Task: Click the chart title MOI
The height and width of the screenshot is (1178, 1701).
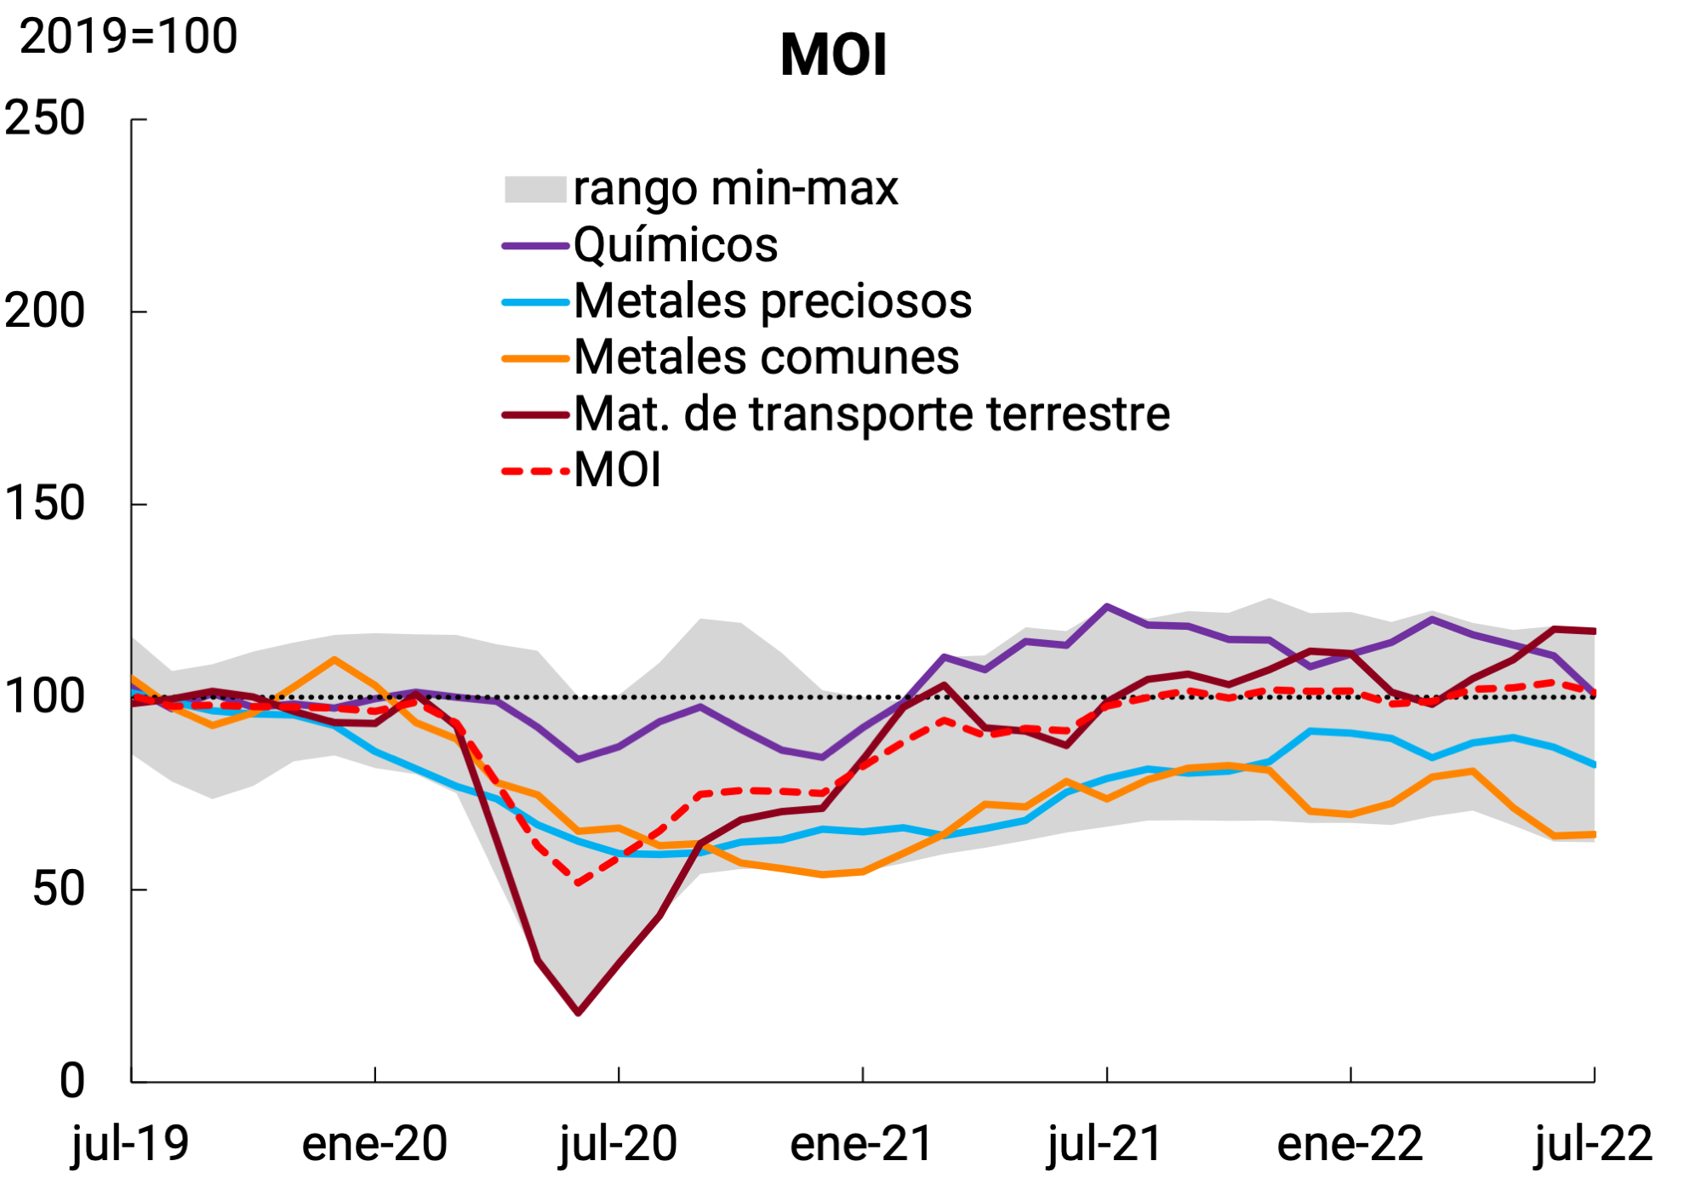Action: coord(833,55)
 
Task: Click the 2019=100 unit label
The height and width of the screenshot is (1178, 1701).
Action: coord(128,37)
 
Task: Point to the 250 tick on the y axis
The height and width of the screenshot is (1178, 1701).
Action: coord(45,117)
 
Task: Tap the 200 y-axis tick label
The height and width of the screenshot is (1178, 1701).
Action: coord(45,311)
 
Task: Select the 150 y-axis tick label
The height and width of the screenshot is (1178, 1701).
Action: coord(45,503)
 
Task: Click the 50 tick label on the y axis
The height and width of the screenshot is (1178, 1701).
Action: coord(59,889)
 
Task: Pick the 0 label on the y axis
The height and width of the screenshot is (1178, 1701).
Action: coord(72,1081)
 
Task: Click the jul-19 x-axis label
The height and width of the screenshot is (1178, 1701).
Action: coord(130,1143)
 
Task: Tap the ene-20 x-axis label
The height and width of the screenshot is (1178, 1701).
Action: coord(374,1143)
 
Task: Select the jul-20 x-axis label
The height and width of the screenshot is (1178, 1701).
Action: coord(619,1143)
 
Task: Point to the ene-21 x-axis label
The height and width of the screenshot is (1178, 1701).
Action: coord(862,1143)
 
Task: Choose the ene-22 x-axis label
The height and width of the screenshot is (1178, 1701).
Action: coord(1350,1143)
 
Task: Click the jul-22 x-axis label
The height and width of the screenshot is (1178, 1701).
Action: coord(1593,1143)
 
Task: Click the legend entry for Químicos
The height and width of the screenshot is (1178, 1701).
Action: coord(676,245)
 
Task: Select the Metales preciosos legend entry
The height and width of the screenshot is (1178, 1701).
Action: coord(773,301)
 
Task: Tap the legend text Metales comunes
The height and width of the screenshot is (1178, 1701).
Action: coord(766,357)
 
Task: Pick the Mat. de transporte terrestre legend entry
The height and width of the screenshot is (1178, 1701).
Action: coord(871,415)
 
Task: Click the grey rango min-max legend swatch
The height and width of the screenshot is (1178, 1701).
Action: coord(535,189)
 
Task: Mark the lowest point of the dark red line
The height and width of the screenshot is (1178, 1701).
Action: coord(579,1013)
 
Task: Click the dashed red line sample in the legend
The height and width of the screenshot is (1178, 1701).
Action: coord(535,471)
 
